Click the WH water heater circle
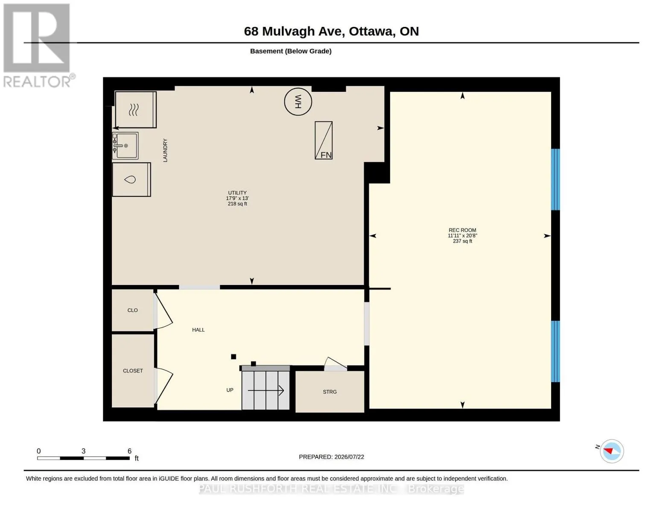(298, 102)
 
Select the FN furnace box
(324, 140)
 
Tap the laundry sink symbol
(126, 146)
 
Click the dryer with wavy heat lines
(135, 110)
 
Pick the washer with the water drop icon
(131, 179)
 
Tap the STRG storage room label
(330, 392)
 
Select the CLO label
(132, 310)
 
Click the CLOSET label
(133, 371)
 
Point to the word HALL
(199, 330)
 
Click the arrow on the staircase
(266, 390)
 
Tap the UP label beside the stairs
(230, 390)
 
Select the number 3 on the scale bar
(83, 451)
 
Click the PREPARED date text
(331, 457)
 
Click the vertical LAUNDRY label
(165, 150)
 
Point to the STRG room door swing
(335, 364)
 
